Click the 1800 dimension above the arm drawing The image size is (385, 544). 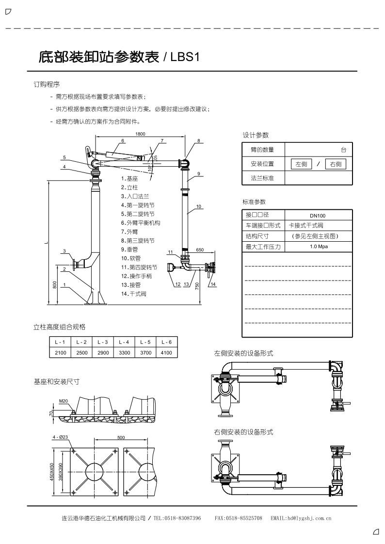(x=141, y=134)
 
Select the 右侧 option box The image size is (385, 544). (x=336, y=164)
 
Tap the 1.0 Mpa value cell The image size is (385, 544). (x=318, y=247)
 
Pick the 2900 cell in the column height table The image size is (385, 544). (x=103, y=353)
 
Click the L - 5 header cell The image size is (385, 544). (x=145, y=342)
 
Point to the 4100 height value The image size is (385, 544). (x=166, y=353)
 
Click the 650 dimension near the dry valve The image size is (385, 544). (x=199, y=249)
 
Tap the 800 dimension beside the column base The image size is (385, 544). (x=55, y=285)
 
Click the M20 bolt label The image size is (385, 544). (x=64, y=401)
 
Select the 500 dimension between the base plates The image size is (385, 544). (x=121, y=437)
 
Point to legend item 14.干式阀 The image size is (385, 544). (x=134, y=294)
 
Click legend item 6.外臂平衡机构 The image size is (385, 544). (x=141, y=223)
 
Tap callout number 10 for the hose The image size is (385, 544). (x=199, y=206)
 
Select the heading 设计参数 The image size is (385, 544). (x=256, y=135)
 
